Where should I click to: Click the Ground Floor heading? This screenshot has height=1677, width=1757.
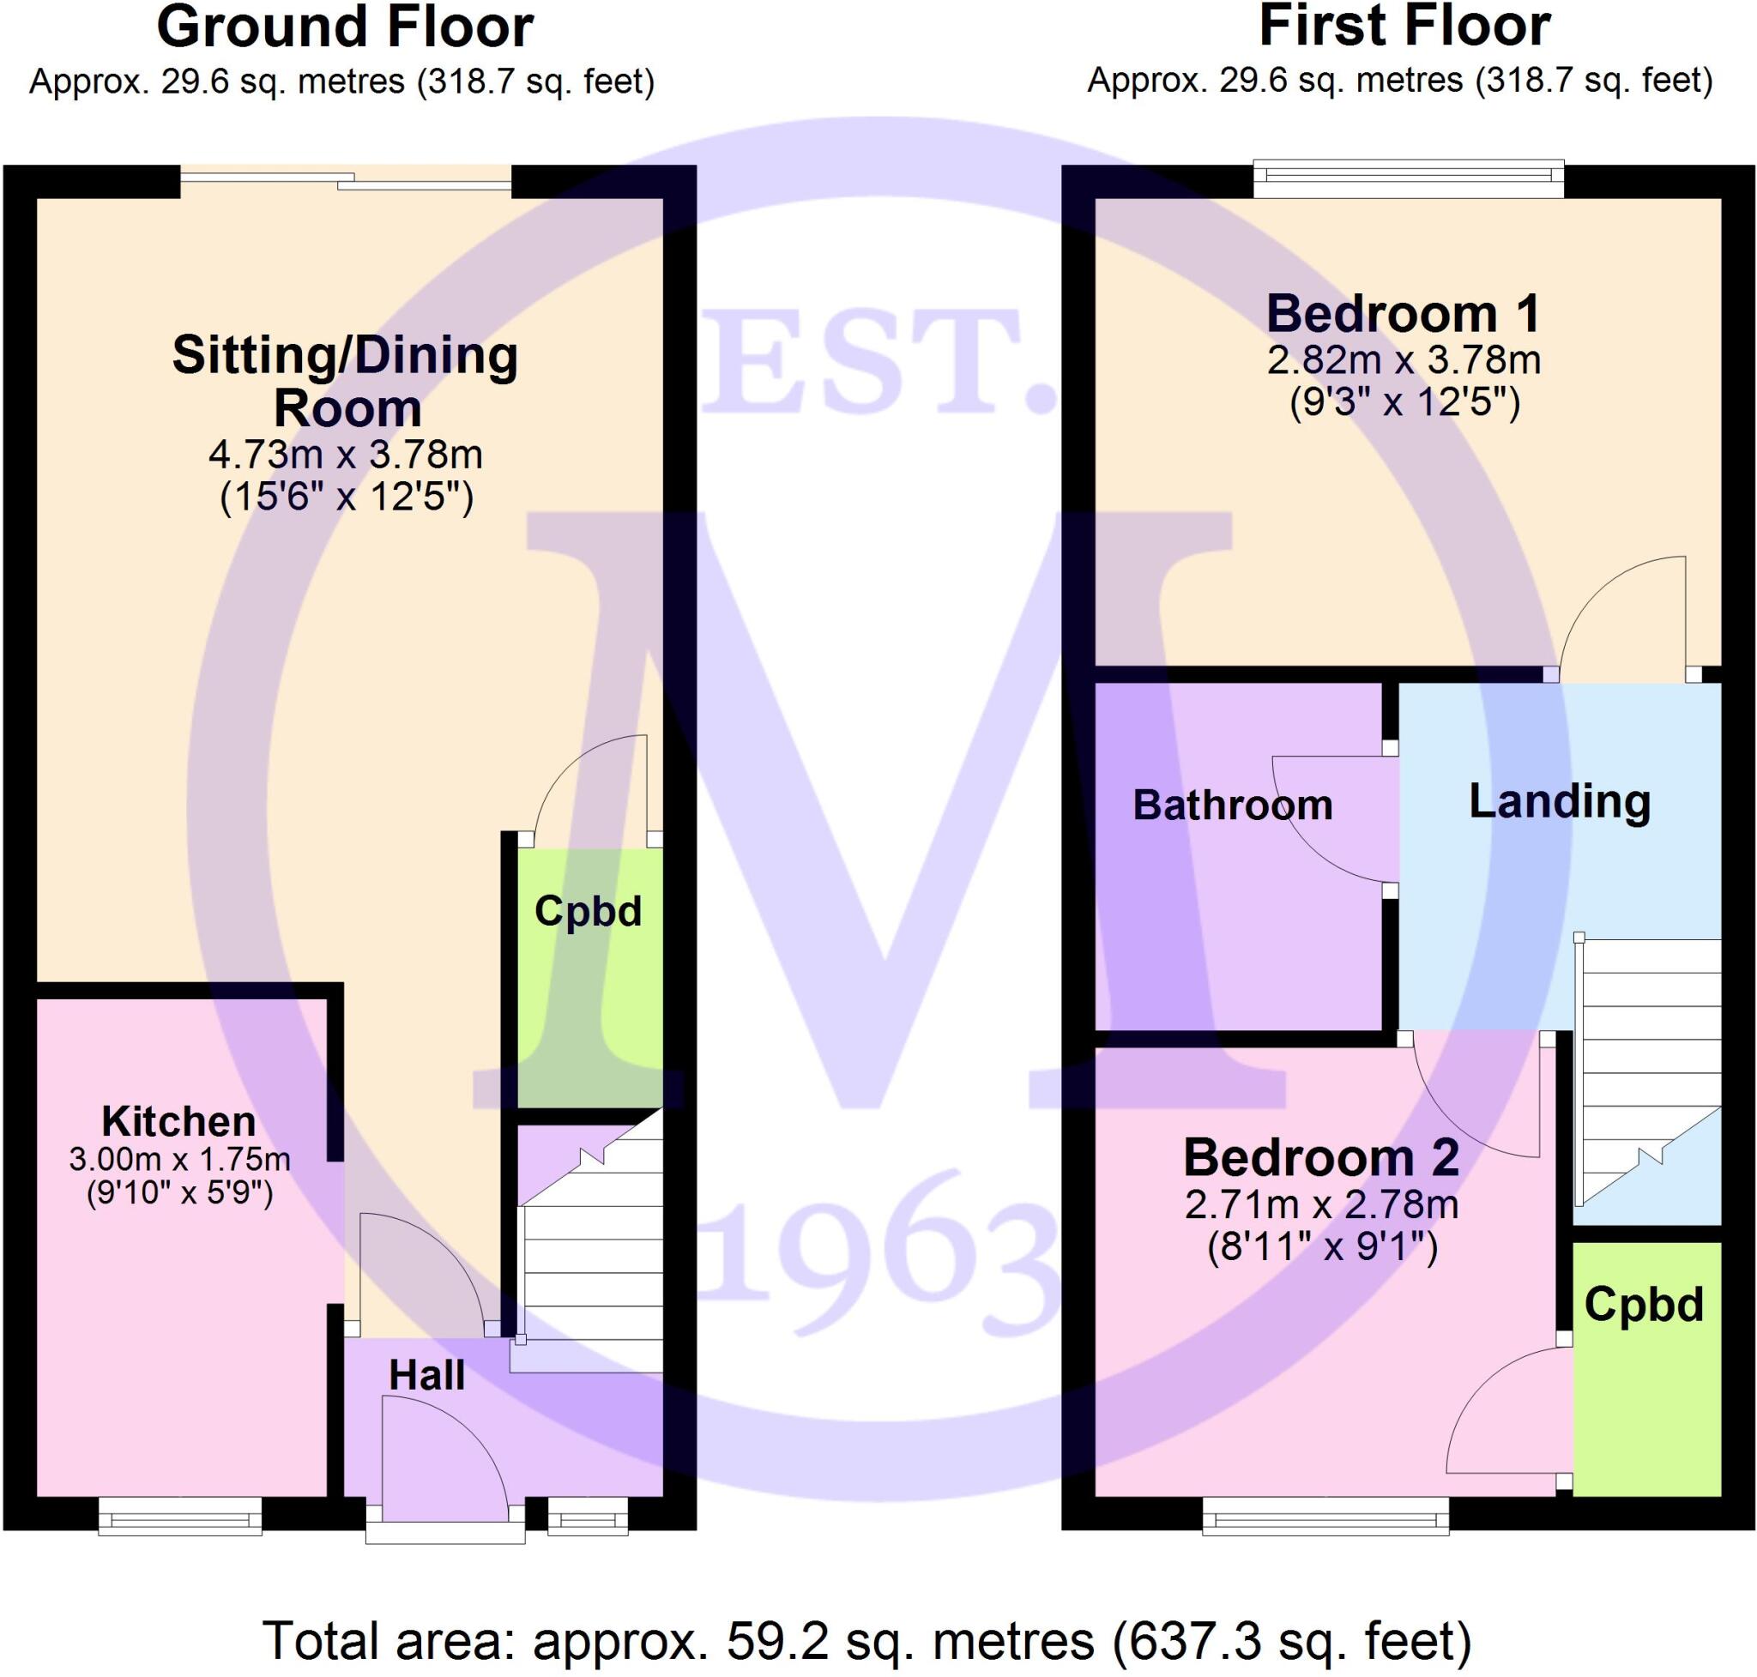(344, 27)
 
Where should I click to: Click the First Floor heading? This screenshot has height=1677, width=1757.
(1404, 27)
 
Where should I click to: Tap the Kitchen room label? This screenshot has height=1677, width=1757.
(178, 1121)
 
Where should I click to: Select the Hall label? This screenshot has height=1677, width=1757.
(426, 1376)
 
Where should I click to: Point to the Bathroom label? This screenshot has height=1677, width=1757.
(1232, 805)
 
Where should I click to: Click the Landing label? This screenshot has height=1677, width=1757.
(1560, 801)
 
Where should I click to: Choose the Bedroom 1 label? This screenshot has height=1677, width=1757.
(1403, 314)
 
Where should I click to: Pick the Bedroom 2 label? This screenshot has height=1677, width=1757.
(1320, 1158)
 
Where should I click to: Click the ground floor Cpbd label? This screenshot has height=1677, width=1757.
(588, 912)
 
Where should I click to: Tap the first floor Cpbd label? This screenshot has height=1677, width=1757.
(1644, 1304)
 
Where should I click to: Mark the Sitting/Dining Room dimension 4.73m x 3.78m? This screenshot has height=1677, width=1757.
(345, 455)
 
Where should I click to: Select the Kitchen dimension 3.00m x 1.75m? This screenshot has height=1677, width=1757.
(178, 1160)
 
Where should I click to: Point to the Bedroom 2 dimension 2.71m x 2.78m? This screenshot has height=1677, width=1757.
(1321, 1204)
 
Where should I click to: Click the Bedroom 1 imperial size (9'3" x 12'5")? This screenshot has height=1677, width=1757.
(1404, 402)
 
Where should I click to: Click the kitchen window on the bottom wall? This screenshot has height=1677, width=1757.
(178, 1516)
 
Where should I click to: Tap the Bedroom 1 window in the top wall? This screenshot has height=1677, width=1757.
(1409, 178)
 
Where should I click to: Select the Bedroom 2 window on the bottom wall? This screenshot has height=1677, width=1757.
(1325, 1516)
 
